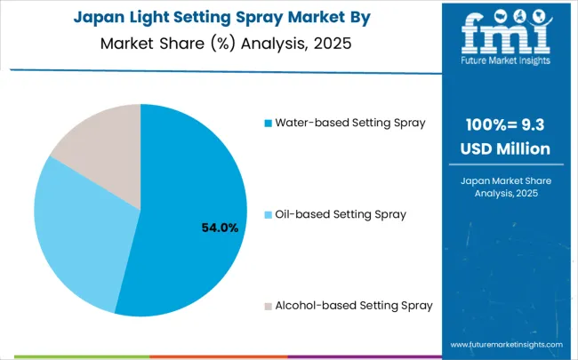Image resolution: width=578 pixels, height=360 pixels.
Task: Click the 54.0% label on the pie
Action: pos(219,228)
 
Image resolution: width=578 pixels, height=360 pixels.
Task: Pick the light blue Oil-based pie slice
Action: pos(76,231)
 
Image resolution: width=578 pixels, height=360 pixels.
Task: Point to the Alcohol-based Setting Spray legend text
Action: pos(355,305)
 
